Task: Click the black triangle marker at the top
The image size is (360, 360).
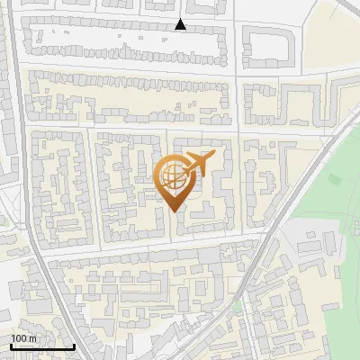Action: point(181,25)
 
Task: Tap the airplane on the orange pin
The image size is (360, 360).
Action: point(199,164)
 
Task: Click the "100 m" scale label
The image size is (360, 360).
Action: point(24,337)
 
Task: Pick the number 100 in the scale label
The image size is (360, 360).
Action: point(20,337)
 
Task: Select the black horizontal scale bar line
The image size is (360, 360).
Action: point(41,346)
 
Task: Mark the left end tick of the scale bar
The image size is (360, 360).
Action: point(11,345)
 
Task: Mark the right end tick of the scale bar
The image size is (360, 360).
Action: point(73,345)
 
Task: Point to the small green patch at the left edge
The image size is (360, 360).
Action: point(3,220)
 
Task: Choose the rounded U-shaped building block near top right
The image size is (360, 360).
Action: point(268,45)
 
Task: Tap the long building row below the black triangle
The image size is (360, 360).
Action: point(126,37)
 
